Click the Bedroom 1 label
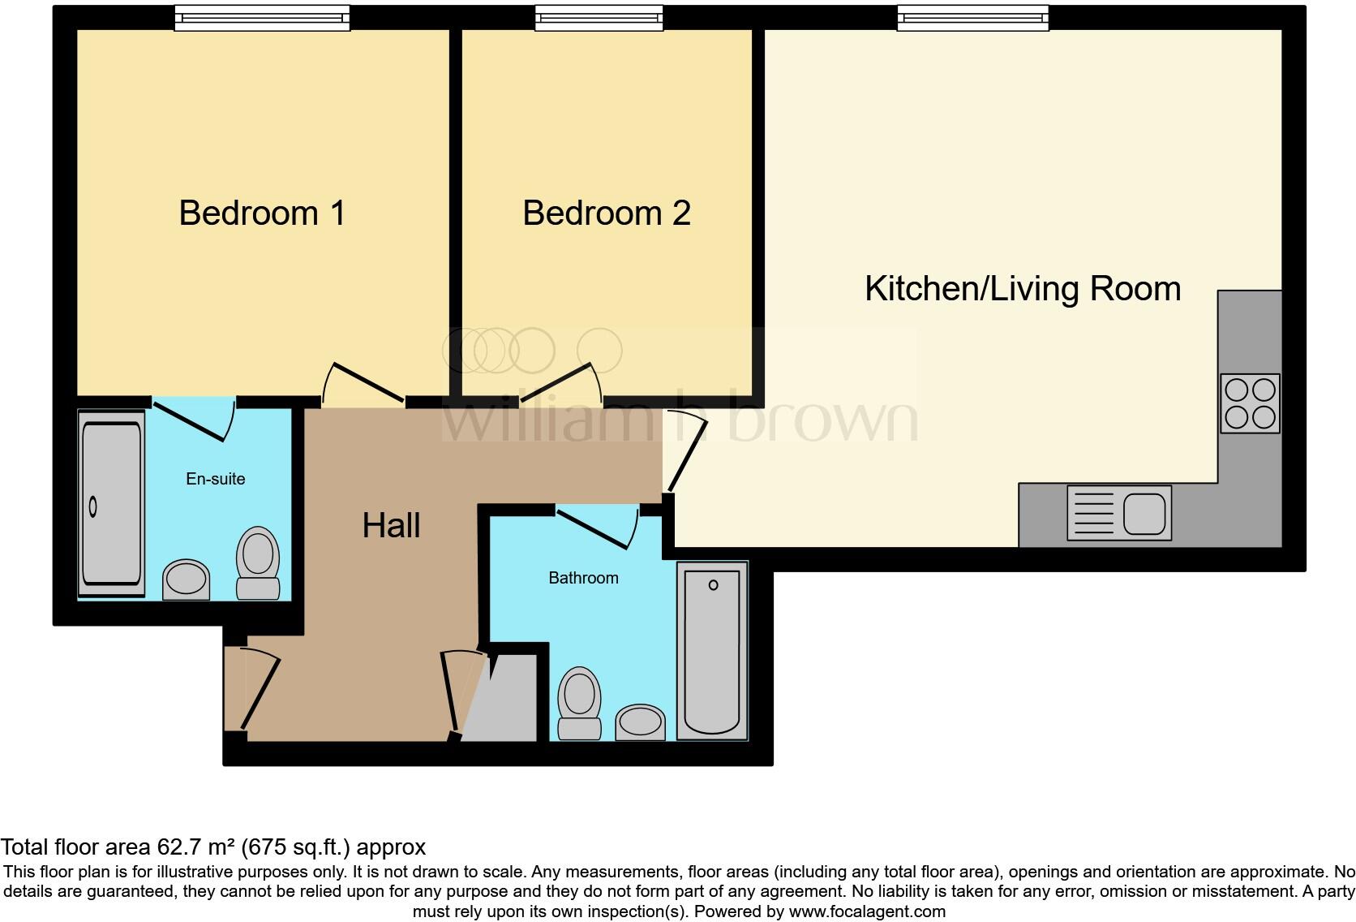262,213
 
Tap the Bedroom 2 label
606,213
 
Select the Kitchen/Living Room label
1022,289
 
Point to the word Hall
391,526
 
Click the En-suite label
215,479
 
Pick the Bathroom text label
583,578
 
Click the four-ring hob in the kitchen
1250,403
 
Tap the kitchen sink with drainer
1119,513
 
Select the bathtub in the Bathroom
712,650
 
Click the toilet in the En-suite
258,562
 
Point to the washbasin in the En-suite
186,579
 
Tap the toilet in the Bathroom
580,703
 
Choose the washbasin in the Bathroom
641,722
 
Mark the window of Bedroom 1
262,18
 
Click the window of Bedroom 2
599,18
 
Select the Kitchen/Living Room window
972,18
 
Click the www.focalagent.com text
867,911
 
